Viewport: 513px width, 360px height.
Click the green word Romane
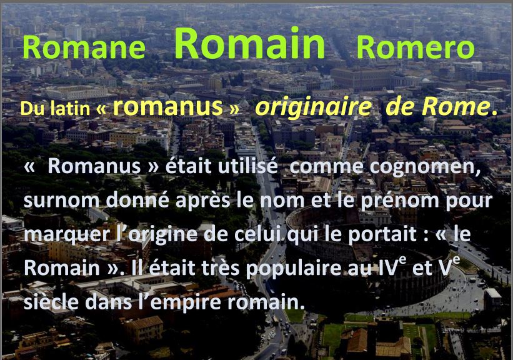(84, 47)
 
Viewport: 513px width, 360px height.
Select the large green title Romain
(250, 43)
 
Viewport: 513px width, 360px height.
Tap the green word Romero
(415, 47)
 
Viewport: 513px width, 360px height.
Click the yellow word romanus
(168, 107)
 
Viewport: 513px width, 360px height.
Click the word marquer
(67, 235)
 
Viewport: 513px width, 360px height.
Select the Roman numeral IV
(386, 267)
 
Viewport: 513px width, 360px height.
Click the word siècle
(51, 301)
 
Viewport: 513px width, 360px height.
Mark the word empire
(186, 302)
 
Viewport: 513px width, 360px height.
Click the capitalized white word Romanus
(94, 166)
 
